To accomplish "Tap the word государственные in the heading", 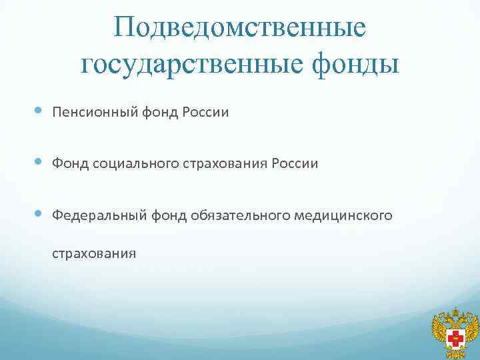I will tap(193, 64).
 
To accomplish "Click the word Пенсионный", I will tap(95, 113).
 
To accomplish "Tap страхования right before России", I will tap(222, 163).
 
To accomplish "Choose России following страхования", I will tap(295, 163).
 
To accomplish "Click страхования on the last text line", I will tap(95, 253).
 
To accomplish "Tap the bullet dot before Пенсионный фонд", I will tap(37, 111).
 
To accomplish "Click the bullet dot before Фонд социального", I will tap(37, 162).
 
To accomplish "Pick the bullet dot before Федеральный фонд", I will tap(37, 213).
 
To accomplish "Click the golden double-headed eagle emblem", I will tap(456, 333).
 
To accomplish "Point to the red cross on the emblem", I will tap(457, 336).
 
